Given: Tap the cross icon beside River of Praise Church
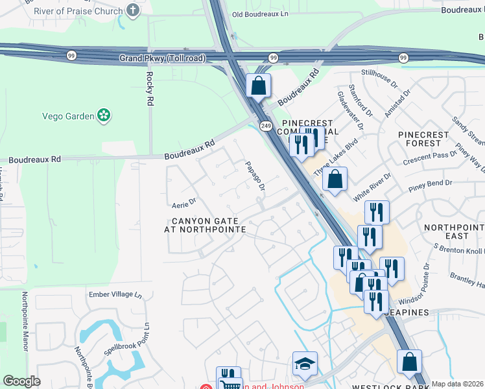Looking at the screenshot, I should point(133,10).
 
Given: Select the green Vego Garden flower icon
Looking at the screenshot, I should point(103,115).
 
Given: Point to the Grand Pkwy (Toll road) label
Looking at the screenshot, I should point(162,58).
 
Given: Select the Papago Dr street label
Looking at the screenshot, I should point(255,176).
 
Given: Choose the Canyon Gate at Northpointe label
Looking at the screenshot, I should point(205,225).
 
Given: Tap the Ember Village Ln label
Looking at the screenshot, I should point(115,294).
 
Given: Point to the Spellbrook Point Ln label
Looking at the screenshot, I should point(127,342).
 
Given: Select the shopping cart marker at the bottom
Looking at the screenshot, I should point(230,385).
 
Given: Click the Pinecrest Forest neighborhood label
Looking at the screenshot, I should point(423,139).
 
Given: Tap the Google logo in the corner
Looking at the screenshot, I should point(21,381).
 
